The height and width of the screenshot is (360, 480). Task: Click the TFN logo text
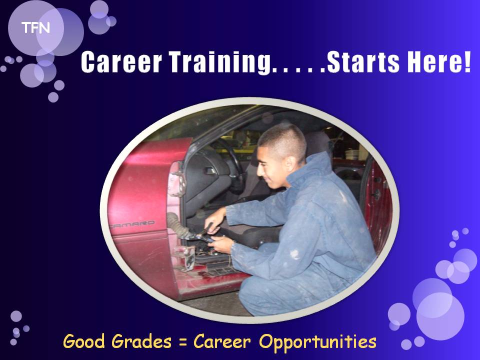coord(35,28)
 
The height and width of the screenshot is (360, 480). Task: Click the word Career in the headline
coord(121,62)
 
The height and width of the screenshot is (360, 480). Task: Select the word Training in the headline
coord(220,63)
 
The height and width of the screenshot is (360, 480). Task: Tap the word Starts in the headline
coord(363,62)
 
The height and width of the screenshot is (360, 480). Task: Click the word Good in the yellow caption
coord(83,341)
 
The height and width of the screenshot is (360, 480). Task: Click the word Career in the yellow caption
coord(222,341)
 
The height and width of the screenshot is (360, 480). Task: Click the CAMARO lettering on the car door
coord(132,224)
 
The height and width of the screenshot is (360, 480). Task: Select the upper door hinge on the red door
coord(177,179)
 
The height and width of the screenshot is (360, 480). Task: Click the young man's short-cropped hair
coord(283,139)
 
